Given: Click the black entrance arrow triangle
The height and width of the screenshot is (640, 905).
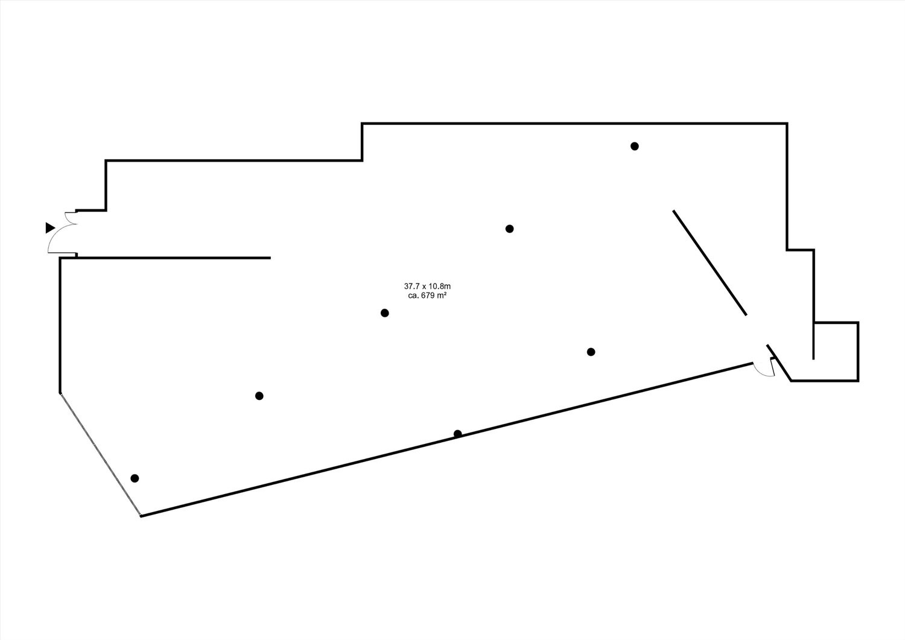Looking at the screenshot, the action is pyautogui.click(x=49, y=228).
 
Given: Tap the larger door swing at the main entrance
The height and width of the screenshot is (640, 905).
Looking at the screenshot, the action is pyautogui.click(x=62, y=239).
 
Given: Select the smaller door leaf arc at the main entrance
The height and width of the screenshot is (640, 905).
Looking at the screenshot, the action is pyautogui.click(x=71, y=217).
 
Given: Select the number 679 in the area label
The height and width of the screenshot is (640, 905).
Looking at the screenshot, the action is pyautogui.click(x=427, y=296).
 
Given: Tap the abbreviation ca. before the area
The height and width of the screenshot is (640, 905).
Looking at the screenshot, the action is pyautogui.click(x=413, y=296).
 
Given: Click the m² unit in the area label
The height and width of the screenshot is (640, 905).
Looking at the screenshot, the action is pyautogui.click(x=442, y=296).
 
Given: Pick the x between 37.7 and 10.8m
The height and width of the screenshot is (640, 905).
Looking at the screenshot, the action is pyautogui.click(x=425, y=287).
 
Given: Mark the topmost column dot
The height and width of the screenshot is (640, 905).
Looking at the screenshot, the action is pyautogui.click(x=634, y=146).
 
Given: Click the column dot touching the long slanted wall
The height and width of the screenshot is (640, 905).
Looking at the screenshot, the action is pyautogui.click(x=457, y=434).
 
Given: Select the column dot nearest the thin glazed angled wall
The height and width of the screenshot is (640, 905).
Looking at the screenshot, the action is pyautogui.click(x=135, y=478).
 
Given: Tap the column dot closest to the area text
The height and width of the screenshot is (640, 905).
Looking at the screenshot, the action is pyautogui.click(x=385, y=313).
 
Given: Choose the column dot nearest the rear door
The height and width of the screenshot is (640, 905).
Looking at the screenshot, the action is pyautogui.click(x=591, y=352).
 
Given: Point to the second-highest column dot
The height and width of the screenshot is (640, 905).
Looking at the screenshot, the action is pyautogui.click(x=509, y=229).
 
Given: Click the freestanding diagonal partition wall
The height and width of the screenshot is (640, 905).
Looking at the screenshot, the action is pyautogui.click(x=710, y=262).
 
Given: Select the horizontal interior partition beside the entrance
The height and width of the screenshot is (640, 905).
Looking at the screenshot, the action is pyautogui.click(x=173, y=258).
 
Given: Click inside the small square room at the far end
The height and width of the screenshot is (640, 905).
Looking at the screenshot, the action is pyautogui.click(x=836, y=352).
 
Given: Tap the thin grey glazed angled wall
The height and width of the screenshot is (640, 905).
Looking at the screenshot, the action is pyautogui.click(x=100, y=454).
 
